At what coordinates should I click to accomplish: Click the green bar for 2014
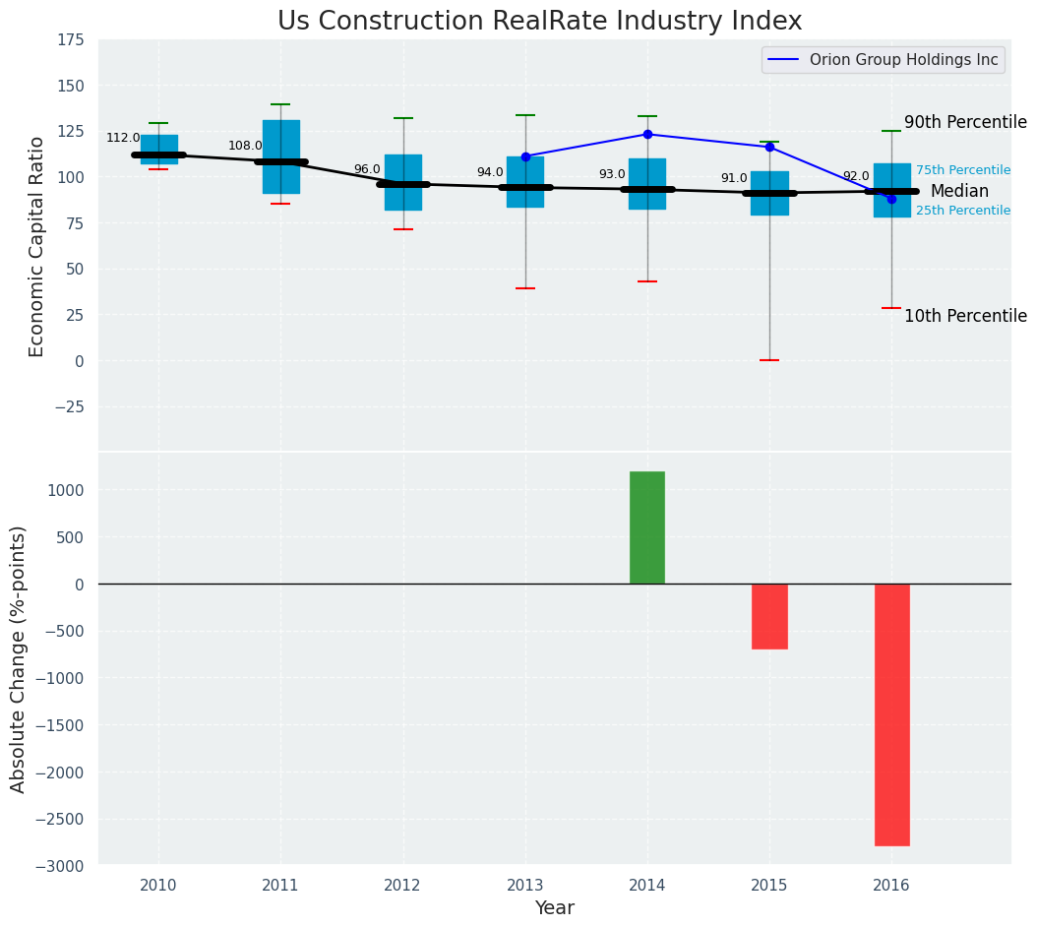tap(647, 527)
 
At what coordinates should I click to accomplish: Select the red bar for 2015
tap(769, 616)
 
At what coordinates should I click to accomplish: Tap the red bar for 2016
tap(891, 714)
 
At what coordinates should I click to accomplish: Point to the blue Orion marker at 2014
tap(647, 134)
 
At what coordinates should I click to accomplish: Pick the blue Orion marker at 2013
tap(525, 156)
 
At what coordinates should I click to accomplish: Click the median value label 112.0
tap(123, 139)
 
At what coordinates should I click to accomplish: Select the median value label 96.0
tap(367, 169)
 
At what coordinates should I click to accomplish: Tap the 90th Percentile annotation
tap(965, 123)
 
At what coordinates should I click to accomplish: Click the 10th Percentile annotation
tap(965, 316)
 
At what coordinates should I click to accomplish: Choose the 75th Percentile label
tap(963, 170)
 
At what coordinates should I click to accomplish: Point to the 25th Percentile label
tap(963, 211)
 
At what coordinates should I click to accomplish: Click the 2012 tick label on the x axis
tap(402, 886)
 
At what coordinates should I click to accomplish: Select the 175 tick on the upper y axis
tap(70, 40)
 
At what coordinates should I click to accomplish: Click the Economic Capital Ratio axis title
tap(37, 246)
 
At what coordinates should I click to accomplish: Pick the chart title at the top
tap(539, 22)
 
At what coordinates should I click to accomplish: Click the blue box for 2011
tap(280, 157)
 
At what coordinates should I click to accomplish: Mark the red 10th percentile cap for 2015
tap(769, 360)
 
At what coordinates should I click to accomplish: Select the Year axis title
tap(555, 908)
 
